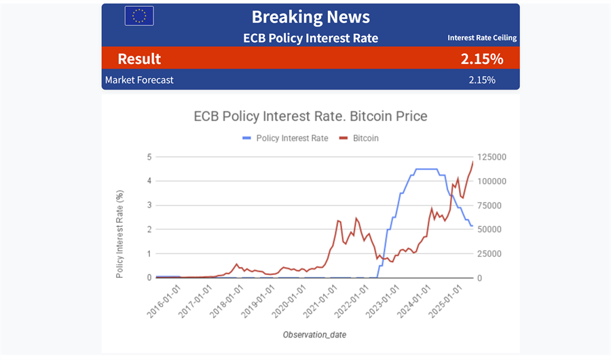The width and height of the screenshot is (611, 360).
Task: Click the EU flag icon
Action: click(139, 16)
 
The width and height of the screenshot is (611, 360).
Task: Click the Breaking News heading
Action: click(310, 16)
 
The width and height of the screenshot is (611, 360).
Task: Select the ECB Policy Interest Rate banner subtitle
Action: click(310, 38)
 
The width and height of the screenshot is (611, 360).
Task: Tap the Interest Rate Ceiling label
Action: click(482, 38)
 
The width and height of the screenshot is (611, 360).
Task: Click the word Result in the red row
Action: click(139, 59)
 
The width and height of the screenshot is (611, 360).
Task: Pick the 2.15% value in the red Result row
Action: click(482, 59)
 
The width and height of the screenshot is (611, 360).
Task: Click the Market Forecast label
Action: click(139, 80)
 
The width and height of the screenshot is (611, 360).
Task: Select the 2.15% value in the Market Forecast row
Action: click(482, 80)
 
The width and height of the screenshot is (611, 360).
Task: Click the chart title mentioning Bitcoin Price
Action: click(311, 116)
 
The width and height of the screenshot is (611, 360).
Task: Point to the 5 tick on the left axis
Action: click(148, 157)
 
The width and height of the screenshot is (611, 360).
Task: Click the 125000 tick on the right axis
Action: click(492, 157)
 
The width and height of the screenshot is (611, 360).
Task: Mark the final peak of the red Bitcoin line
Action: click(473, 162)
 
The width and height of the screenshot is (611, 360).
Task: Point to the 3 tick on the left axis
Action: click(148, 205)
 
